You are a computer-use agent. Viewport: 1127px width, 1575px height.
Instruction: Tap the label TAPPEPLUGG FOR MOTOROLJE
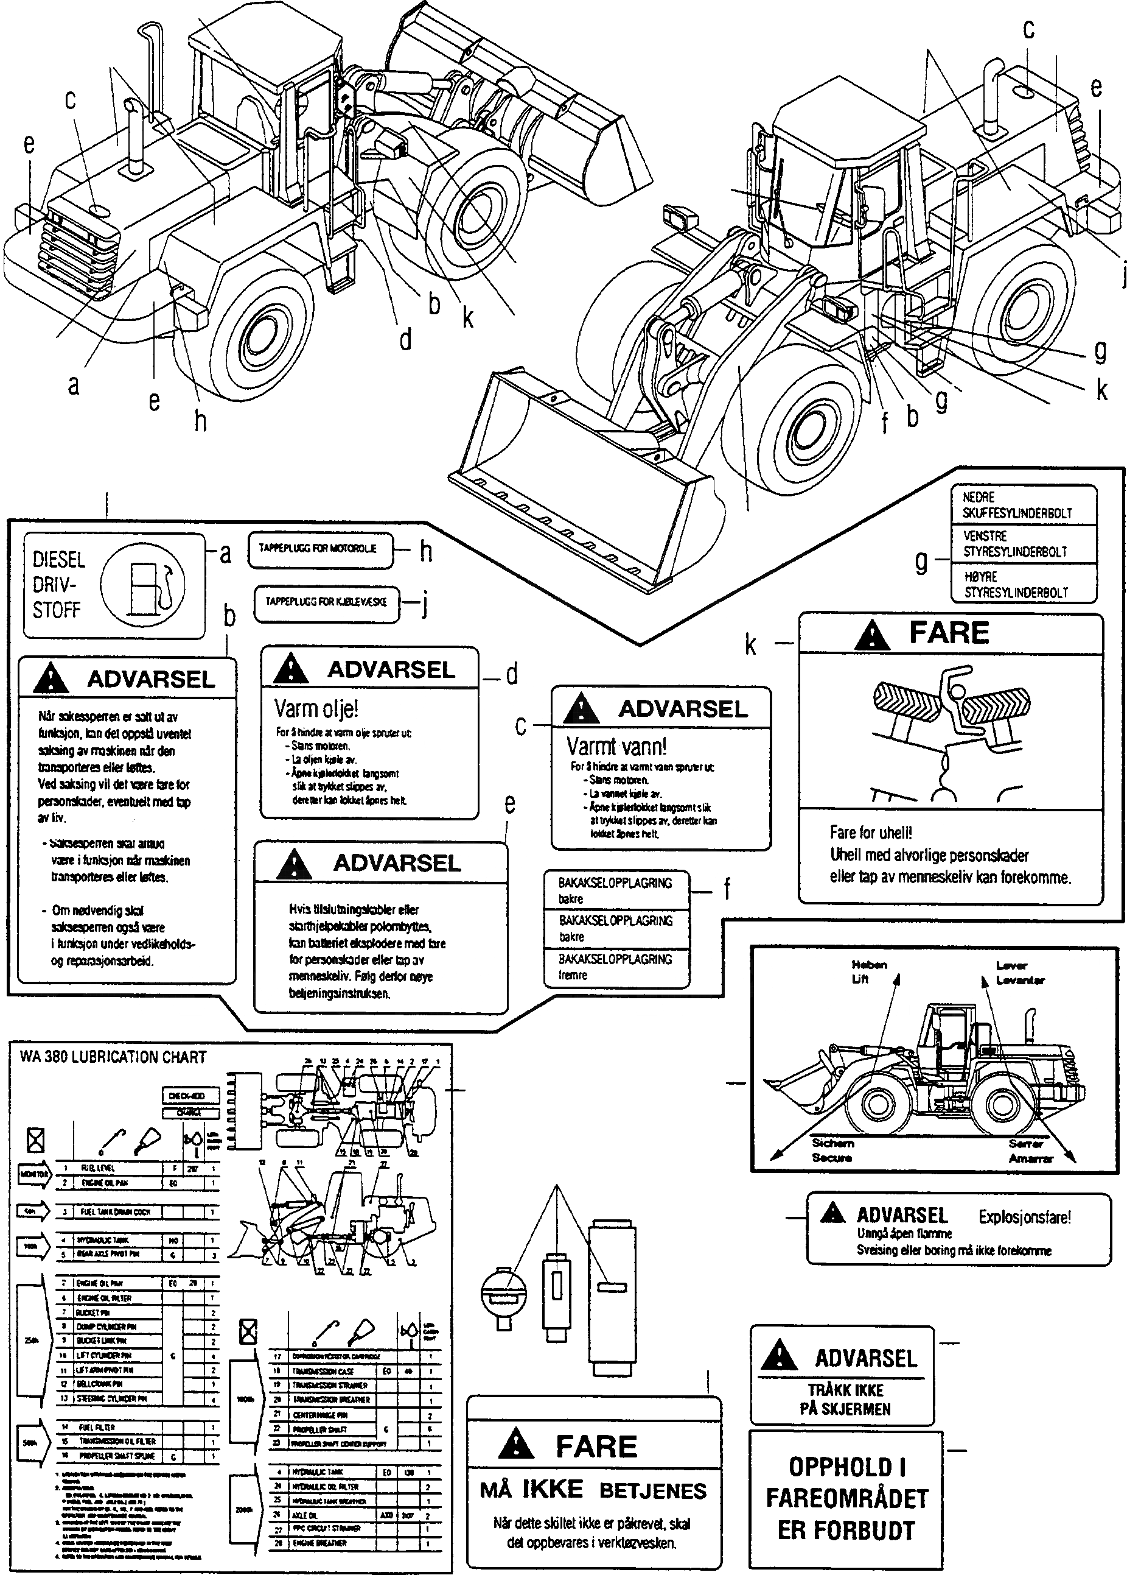tap(318, 548)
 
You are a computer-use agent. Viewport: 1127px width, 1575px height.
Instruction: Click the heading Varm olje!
tap(316, 709)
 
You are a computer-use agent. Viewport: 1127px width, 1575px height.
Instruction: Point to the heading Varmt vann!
tap(616, 746)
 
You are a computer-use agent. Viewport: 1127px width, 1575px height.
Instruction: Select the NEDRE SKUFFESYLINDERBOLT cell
tap(1017, 505)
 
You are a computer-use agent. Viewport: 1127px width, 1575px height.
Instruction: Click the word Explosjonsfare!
tap(1024, 1217)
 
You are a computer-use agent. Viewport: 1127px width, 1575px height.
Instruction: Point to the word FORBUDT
tap(846, 1530)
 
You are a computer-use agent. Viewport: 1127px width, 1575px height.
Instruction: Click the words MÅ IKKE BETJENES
tap(593, 1490)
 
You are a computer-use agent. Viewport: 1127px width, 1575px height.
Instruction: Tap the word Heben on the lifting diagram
tap(869, 965)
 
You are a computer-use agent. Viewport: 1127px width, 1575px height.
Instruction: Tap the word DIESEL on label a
tap(59, 560)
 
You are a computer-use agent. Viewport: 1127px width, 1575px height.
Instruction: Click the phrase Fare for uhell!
tap(871, 832)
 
